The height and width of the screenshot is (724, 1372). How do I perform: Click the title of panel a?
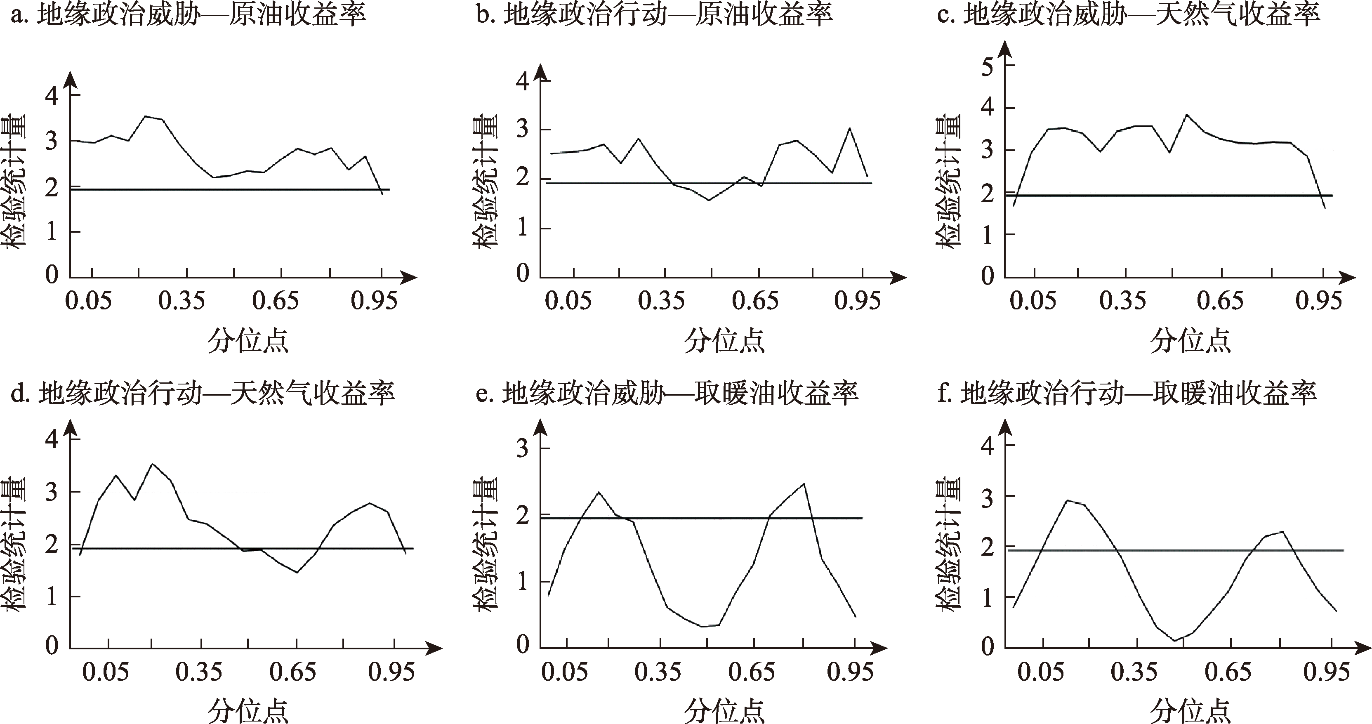189,14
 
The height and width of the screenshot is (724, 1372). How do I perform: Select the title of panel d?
203,394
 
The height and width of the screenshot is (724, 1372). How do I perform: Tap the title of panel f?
1127,394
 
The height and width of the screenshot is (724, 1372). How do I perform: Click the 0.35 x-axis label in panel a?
181,301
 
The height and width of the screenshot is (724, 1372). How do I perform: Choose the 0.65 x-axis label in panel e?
752,672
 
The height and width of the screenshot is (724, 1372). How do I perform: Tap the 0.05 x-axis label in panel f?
1040,672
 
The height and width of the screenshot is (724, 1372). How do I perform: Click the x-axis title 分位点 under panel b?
724,341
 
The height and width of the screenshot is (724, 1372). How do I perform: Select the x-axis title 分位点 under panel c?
1190,341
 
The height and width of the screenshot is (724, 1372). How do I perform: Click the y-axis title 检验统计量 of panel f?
949,543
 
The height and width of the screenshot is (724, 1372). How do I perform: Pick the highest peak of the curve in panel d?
153,464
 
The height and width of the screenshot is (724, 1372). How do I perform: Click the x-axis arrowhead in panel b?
900,278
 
